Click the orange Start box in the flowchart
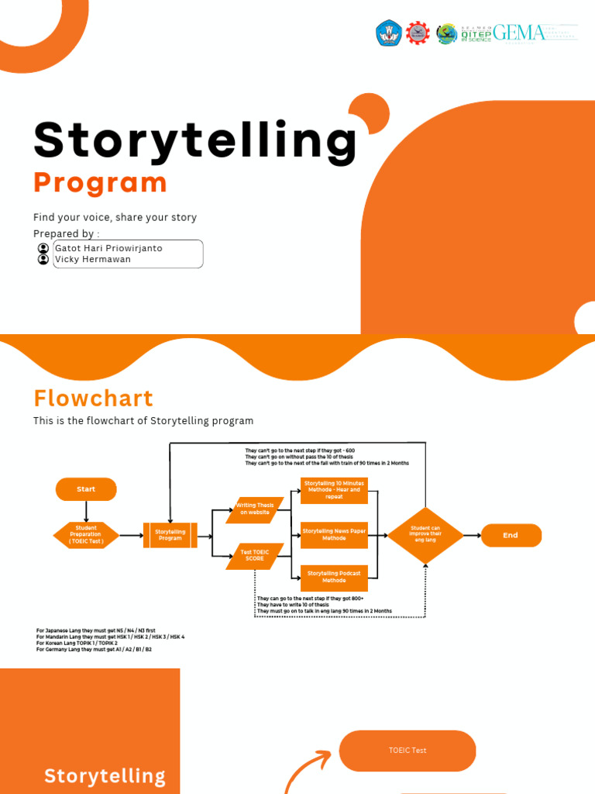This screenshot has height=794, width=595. pos(86,489)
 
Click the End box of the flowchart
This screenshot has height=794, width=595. pos(511,535)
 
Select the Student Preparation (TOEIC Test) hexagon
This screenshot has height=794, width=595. pos(86,535)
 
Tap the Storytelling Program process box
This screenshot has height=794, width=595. pos(170,535)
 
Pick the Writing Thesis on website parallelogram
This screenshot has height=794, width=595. pos(255,509)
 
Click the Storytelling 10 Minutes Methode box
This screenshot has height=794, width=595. pos(334,490)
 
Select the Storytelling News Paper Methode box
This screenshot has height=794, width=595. pos(334,534)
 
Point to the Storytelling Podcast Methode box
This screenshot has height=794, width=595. pos(334,576)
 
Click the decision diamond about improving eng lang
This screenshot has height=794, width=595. pos(425,535)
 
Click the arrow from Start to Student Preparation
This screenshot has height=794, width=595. pos(86,511)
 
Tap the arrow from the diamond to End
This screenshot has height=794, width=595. pos(472,535)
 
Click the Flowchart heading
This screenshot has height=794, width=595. pos(93,399)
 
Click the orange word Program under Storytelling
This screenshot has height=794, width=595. pos(100,183)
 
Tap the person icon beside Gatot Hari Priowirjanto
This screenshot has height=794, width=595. pos(43,248)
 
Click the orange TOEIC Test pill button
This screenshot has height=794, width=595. pos(408,751)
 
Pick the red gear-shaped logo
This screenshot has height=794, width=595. pos(418,33)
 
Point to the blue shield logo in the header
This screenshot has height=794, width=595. pos(388,33)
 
